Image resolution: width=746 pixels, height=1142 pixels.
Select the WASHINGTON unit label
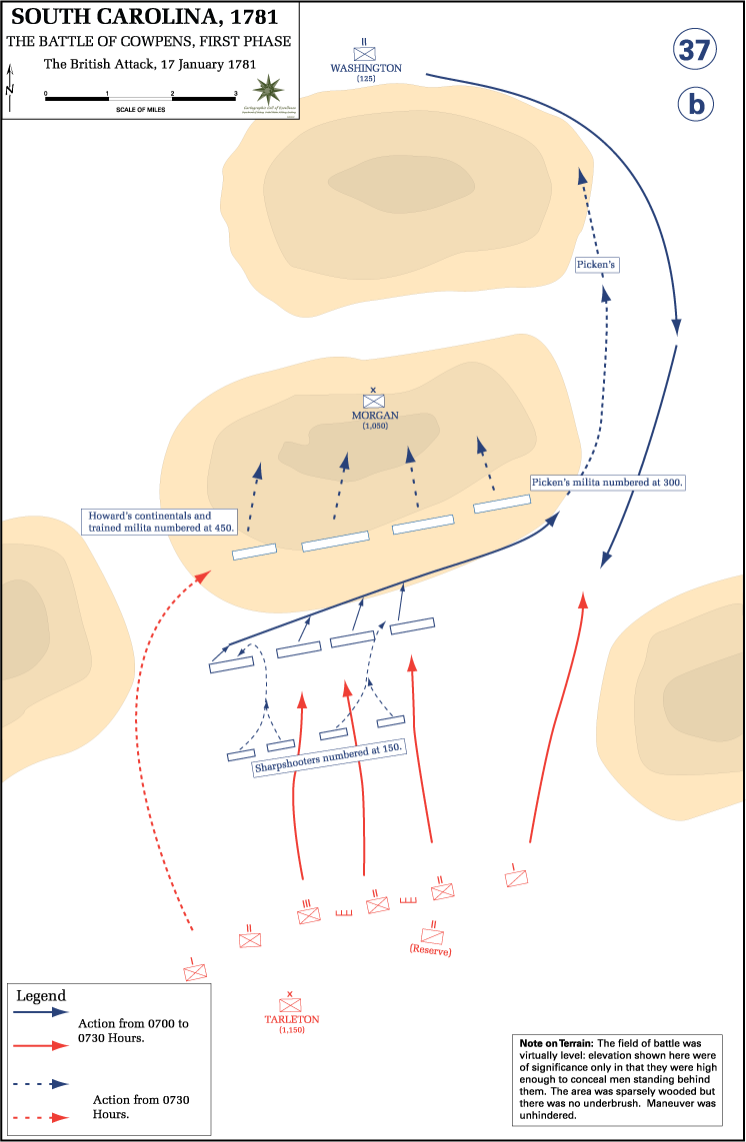coord(366,68)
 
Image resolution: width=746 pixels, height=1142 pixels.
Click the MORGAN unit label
coord(375,416)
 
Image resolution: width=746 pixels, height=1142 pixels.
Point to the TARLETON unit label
coord(291,1019)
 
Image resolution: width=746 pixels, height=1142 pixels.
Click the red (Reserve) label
coord(431,951)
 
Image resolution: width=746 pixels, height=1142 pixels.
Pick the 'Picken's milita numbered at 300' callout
coord(607,482)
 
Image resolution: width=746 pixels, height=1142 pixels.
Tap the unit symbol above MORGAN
coord(374,400)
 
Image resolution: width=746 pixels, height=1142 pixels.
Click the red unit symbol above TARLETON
coord(291,1004)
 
